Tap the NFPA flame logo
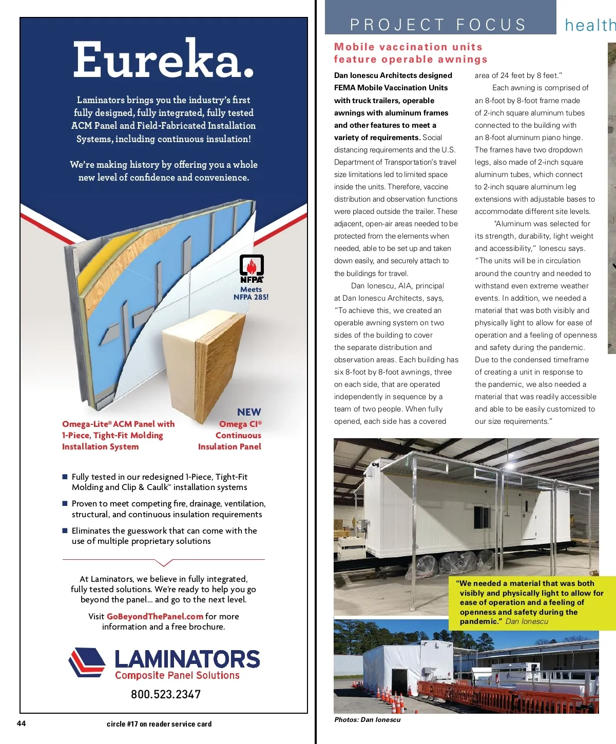click(252, 268)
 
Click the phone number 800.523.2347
click(166, 694)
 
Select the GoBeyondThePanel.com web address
click(155, 616)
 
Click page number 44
click(22, 723)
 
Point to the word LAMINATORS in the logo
click(187, 659)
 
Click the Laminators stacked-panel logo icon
click(87, 662)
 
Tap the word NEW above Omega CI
click(249, 412)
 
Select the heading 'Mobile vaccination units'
click(408, 47)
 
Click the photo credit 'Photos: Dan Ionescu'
click(367, 719)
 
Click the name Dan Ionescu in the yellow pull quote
click(527, 621)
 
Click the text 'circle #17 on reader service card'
click(159, 724)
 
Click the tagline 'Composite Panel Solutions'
click(177, 675)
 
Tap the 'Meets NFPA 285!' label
click(251, 293)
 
